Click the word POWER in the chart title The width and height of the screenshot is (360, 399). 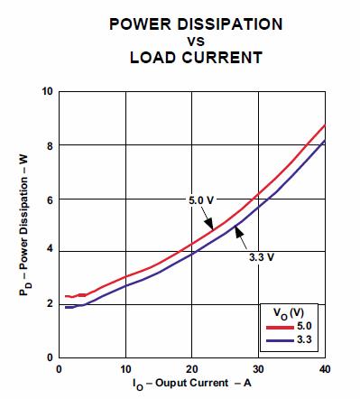pos(141,24)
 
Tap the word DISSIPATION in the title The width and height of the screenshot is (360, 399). pos(230,24)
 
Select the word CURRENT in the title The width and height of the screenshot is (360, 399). pos(223,57)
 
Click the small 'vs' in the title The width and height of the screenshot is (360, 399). pos(196,42)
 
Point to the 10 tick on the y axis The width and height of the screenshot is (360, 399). pos(47,91)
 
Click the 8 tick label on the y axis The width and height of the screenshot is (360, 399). pos(50,146)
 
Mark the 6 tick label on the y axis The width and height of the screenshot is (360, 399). pos(50,200)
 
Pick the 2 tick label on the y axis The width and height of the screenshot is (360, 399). pos(50,304)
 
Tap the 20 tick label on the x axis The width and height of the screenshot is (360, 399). pos(192,369)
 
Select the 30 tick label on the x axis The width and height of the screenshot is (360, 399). pos(258,369)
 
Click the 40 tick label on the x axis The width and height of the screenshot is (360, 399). pos(325,369)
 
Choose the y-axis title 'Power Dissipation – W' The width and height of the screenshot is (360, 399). pos(24,225)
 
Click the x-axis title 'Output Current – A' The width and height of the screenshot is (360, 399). pos(192,384)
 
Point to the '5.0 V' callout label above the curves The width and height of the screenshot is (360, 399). pos(201,200)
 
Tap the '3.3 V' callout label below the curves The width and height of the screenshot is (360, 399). pos(262,257)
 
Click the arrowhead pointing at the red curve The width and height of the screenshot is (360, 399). pos(209,224)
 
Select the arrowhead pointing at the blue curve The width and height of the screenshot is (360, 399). pos(239,232)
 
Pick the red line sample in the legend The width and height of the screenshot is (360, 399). pos(280,327)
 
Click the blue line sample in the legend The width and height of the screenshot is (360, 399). pos(280,340)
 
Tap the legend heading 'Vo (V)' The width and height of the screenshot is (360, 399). pos(289,314)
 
